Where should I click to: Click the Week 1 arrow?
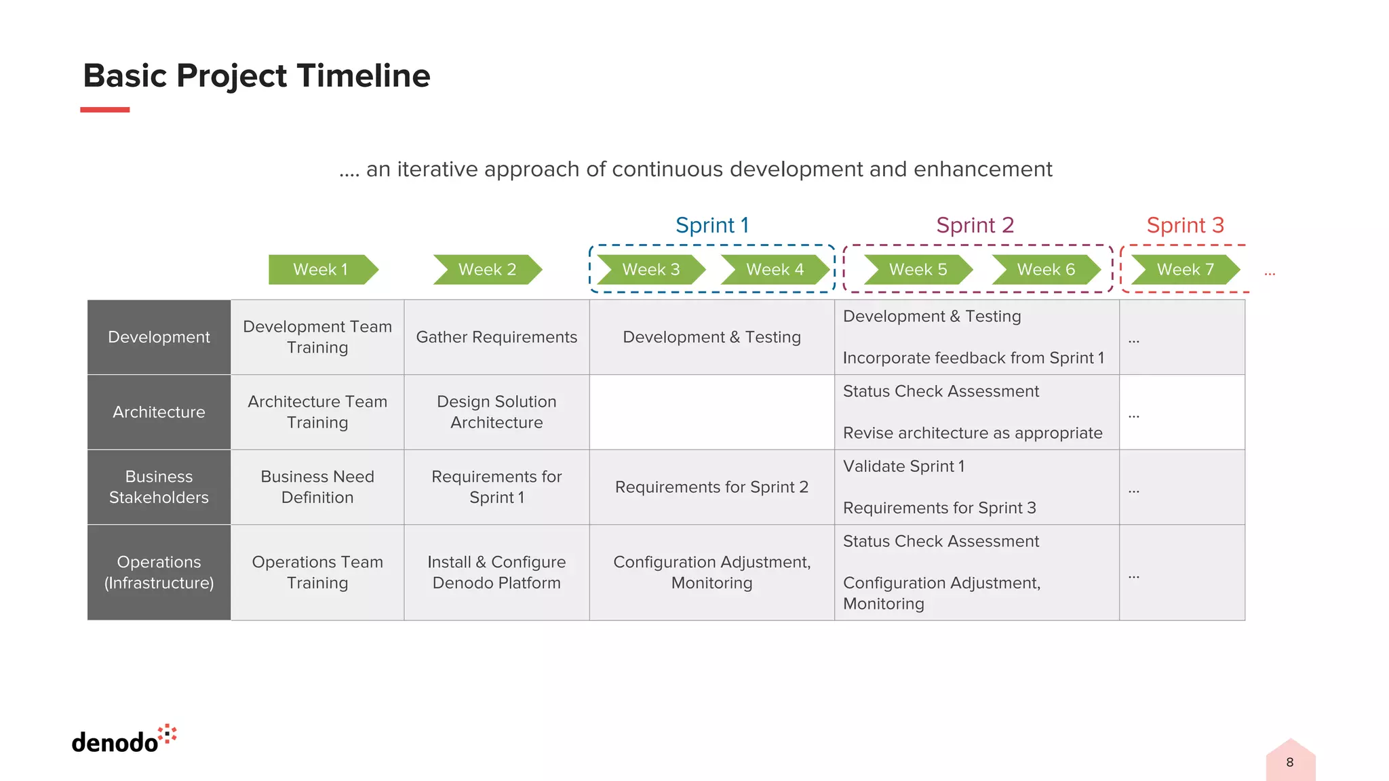[x=322, y=270]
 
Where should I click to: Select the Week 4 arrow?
[x=775, y=270]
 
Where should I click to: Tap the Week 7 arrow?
[x=1185, y=270]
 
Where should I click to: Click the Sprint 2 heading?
[x=975, y=225]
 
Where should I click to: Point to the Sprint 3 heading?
[x=1185, y=225]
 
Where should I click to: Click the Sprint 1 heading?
[x=712, y=225]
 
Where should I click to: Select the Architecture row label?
[x=159, y=412]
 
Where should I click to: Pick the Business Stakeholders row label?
[x=159, y=487]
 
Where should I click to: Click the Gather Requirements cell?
[x=496, y=337]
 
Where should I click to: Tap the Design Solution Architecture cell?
[x=496, y=412]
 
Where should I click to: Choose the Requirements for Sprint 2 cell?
[x=711, y=487]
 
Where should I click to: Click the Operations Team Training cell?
[x=317, y=572]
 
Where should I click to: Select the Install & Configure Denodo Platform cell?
[x=496, y=572]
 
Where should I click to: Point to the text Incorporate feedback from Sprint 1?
[x=973, y=358]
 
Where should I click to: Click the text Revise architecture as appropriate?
[x=973, y=433]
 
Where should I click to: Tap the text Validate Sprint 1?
[x=903, y=466]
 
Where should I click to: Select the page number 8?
[x=1290, y=762]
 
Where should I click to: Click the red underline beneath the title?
[x=104, y=110]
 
